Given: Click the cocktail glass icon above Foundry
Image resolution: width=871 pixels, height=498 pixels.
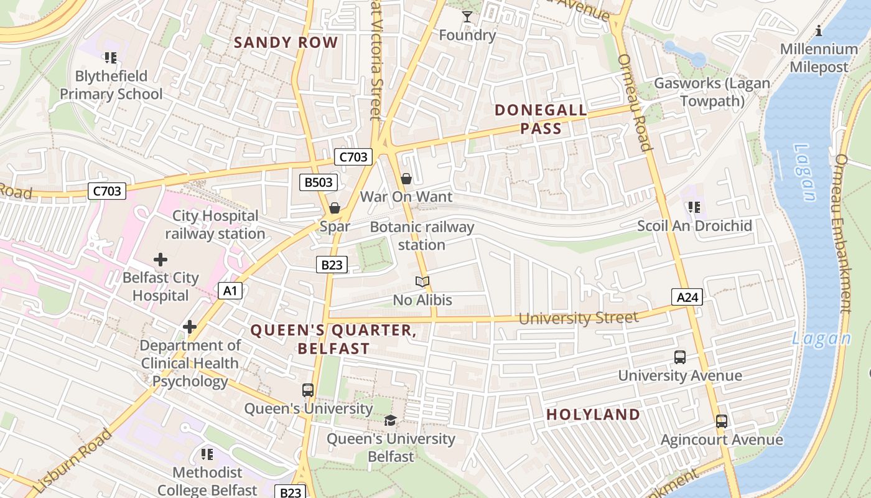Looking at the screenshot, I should click(x=467, y=16).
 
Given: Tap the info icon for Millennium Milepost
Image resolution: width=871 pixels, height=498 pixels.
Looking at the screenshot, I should click(x=819, y=31).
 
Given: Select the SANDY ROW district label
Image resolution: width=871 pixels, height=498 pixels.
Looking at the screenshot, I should click(x=286, y=43).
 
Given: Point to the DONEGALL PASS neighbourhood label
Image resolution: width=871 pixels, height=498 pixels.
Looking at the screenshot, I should click(x=540, y=120).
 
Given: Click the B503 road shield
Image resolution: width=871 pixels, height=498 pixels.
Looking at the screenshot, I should click(x=319, y=182).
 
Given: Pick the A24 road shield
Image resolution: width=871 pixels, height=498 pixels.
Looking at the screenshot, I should click(x=687, y=298).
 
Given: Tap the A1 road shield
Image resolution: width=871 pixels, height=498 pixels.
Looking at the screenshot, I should click(x=230, y=291).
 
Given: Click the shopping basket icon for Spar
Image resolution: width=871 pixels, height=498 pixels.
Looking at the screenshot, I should click(x=335, y=208).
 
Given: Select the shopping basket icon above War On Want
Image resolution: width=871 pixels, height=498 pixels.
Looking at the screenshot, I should click(x=406, y=179).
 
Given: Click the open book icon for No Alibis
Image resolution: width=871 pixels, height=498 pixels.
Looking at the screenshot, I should click(x=422, y=282).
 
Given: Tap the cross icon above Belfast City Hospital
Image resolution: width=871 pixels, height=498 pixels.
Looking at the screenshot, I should click(x=161, y=259).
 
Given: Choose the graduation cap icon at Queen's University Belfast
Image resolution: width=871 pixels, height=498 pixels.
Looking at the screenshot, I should click(x=390, y=421).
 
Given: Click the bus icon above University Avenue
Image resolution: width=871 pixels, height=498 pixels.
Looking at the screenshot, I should click(x=680, y=357).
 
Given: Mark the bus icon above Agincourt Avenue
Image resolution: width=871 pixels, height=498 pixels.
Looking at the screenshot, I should click(x=721, y=421).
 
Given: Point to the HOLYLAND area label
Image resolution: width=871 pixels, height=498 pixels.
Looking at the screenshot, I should click(x=593, y=415).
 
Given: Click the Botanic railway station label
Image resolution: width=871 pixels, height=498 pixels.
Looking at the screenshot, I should click(x=422, y=236).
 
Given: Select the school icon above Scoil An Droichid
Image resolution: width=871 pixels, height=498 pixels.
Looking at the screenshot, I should click(x=694, y=207).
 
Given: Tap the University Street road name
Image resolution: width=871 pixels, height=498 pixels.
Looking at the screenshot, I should click(x=578, y=318).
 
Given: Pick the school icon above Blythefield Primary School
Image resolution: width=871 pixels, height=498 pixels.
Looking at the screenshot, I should click(x=111, y=58).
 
